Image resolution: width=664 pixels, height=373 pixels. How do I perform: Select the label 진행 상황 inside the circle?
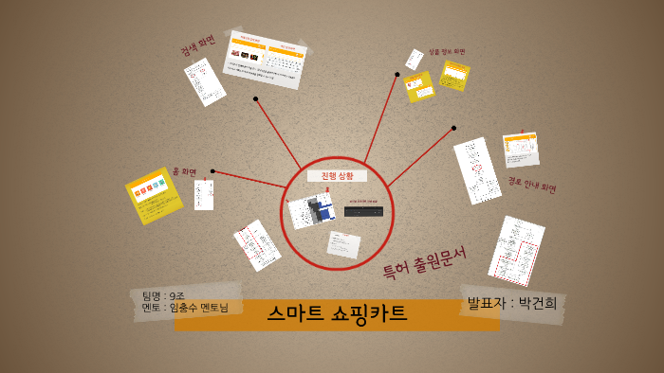(337, 176)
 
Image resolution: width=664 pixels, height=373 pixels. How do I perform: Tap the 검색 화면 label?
(198, 45)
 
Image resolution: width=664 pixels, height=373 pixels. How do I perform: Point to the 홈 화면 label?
(184, 172)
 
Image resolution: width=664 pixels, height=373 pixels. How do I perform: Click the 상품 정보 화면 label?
(447, 51)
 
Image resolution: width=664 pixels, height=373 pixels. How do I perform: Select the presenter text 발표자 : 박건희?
(511, 303)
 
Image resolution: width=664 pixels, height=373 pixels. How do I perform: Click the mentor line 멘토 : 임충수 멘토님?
(185, 308)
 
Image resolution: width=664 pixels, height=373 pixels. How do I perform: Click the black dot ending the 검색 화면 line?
(255, 98)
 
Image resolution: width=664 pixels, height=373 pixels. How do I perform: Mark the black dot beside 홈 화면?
(212, 171)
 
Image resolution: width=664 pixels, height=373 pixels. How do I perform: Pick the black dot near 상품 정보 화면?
(397, 74)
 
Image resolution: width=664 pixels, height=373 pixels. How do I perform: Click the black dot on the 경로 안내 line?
(453, 128)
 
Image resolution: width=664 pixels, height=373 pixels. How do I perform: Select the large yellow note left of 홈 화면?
(154, 195)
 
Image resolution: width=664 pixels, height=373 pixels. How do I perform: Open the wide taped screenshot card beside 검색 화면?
(266, 59)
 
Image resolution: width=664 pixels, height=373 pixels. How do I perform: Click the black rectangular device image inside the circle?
(363, 212)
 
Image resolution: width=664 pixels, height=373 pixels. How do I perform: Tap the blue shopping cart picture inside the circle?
(312, 211)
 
